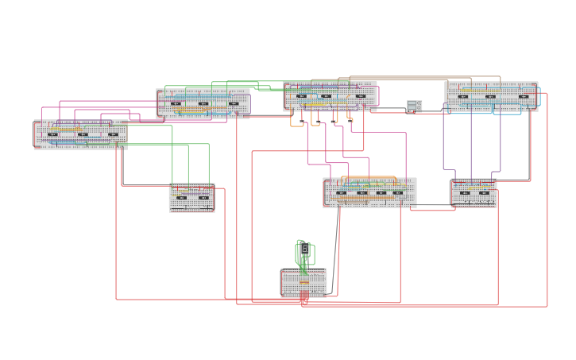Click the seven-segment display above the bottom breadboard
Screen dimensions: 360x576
tap(304, 249)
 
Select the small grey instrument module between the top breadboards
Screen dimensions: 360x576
tap(414, 106)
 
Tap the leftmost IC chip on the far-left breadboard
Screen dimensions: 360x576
tap(53, 134)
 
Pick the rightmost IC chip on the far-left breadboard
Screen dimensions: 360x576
tap(113, 134)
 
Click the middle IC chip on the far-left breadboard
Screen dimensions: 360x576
tap(83, 134)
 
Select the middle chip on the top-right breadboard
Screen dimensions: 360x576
tap(490, 97)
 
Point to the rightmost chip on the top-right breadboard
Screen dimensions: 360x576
tap(524, 97)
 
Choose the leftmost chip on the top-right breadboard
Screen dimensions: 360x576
tap(463, 97)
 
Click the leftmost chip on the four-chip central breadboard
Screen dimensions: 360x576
tap(342, 192)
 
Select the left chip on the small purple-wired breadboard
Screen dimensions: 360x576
tap(465, 192)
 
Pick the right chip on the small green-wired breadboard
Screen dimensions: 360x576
tap(203, 197)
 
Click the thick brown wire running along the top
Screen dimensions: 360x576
tap(397, 78)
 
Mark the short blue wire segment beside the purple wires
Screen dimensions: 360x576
tap(450, 169)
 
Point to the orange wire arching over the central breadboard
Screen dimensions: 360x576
tap(369, 177)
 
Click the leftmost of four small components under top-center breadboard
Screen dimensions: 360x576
tap(303, 122)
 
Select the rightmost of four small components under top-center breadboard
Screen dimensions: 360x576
tap(350, 122)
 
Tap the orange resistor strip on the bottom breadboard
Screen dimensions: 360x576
tap(304, 282)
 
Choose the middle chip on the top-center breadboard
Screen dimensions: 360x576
tap(327, 96)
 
